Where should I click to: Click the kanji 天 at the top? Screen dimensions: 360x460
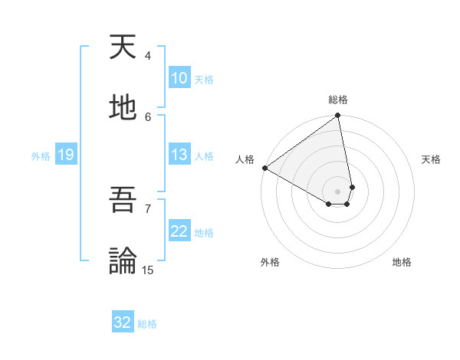pos(125,48)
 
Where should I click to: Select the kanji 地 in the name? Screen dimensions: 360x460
pos(125,107)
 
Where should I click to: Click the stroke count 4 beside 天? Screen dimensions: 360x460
pos(148,56)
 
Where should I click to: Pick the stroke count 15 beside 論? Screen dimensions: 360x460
pos(148,270)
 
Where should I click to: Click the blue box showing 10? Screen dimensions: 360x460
pos(179,78)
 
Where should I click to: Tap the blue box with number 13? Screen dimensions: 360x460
pos(179,155)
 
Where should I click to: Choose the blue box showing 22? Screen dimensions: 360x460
pos(179,231)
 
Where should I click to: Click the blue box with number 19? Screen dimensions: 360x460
pos(65,155)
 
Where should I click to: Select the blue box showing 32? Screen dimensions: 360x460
pos(123,322)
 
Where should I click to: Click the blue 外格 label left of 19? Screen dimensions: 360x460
pos(41,156)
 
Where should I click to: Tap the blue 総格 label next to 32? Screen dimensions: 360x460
pos(148,324)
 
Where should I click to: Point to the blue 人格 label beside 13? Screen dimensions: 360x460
pos(204,156)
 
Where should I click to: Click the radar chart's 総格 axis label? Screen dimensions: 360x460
pos(338,100)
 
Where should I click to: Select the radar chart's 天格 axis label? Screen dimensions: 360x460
pos(432,159)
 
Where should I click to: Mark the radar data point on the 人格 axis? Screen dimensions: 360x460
pos(264,168)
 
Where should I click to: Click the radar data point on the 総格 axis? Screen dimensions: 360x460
pos(338,116)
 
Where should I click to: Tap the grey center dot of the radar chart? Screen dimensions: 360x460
pos(338,191)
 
